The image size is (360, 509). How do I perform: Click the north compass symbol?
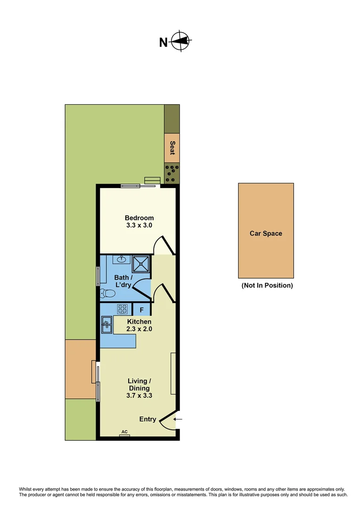180,41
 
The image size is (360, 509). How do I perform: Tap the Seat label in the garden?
172,148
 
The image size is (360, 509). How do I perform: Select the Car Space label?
266,233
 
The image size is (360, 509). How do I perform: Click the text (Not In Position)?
267,286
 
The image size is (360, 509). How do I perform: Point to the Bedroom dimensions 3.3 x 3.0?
139,225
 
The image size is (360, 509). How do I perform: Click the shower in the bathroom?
141,264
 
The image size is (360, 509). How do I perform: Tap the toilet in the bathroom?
108,293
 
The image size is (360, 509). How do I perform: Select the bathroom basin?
122,259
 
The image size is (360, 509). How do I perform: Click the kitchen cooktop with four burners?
123,309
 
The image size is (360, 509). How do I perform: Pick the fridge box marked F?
141,310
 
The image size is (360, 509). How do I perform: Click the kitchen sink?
106,325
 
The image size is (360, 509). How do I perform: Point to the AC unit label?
124,432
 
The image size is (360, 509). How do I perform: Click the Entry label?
147,419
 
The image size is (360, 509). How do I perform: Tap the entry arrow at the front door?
178,419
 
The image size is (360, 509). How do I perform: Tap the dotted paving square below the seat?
172,173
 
